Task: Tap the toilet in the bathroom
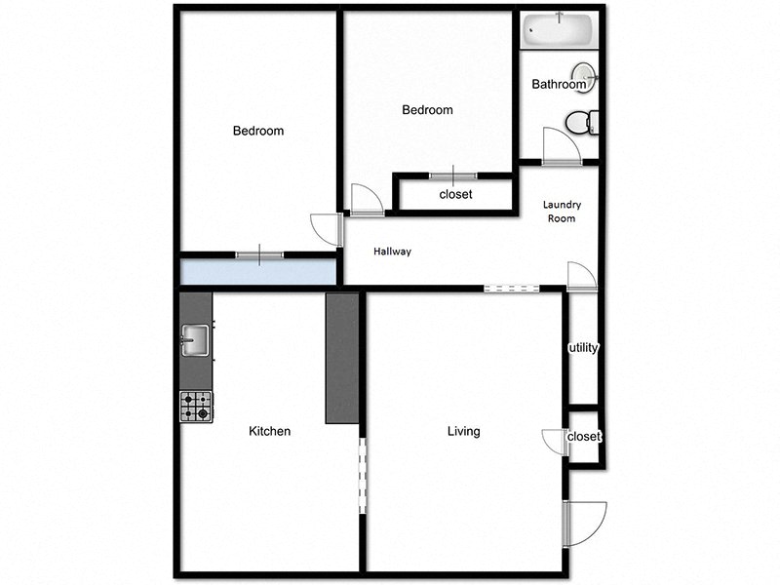[581, 124]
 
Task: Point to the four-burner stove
[195, 406]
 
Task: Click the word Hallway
[393, 252]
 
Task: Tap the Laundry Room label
[561, 212]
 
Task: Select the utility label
[582, 348]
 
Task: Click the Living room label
[463, 431]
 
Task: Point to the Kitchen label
[269, 431]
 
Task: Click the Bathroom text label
[559, 85]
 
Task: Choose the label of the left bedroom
[257, 131]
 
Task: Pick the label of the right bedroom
[427, 110]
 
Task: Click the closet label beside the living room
[583, 437]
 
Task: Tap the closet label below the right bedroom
[455, 194]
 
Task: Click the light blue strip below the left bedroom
[257, 271]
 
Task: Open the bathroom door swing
[563, 147]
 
